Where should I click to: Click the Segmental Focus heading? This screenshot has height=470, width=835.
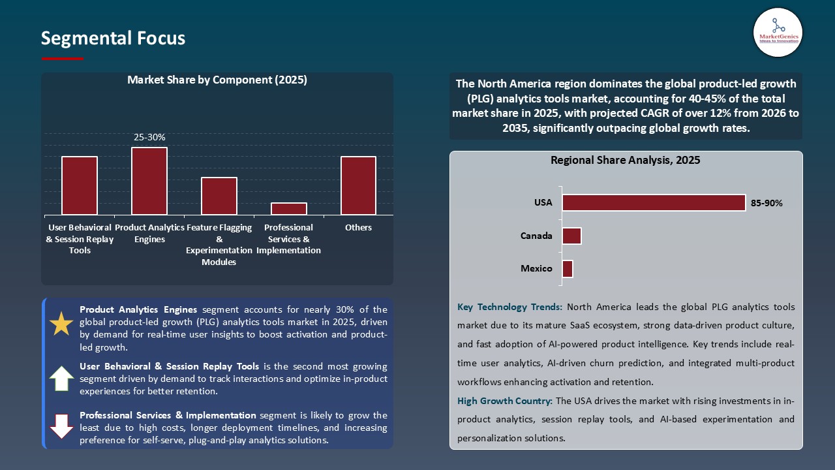point(113,39)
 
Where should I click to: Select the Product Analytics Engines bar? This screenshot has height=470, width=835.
point(149,181)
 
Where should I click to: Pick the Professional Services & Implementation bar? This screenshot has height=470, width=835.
point(289,209)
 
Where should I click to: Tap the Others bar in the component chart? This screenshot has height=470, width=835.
point(358,185)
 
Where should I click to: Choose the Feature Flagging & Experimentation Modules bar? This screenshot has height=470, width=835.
point(219,196)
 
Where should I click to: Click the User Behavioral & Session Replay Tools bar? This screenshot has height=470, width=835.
point(80,185)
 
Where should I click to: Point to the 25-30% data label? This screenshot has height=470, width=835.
point(149,138)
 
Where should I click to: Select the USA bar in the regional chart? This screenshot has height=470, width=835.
point(653,202)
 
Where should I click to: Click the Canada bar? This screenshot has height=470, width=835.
point(571,236)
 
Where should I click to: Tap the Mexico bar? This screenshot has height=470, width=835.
point(568,269)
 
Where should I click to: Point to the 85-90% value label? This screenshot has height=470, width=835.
point(767,203)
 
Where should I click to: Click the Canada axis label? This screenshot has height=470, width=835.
point(536,236)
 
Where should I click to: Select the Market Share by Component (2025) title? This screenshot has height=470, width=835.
point(217,80)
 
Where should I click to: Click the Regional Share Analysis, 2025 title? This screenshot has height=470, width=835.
point(625,160)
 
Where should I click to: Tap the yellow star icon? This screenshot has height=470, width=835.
point(61,324)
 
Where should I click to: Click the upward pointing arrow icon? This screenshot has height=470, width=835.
point(61,379)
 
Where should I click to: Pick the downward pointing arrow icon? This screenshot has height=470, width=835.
point(61,426)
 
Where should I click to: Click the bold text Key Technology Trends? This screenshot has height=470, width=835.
point(509,307)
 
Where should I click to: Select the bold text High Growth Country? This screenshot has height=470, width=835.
point(505,401)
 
